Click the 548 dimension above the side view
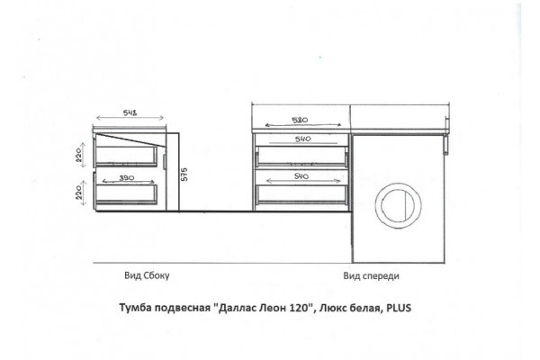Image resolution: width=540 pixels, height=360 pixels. (x=130, y=112)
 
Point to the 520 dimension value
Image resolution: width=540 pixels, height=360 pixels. (x=300, y=121)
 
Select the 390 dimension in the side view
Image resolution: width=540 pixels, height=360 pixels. (x=127, y=178)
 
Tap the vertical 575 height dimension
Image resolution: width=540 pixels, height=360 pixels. (x=184, y=175)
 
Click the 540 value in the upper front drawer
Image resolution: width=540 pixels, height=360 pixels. (x=302, y=139)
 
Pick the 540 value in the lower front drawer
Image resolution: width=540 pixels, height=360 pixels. (x=301, y=176)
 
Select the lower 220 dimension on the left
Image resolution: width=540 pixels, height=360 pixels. (x=78, y=192)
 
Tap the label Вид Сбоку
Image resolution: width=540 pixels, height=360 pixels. (x=147, y=275)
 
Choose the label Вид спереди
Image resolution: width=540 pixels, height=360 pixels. (x=371, y=276)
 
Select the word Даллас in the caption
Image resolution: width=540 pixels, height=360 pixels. (x=237, y=307)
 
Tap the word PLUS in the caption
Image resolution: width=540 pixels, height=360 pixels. (x=399, y=307)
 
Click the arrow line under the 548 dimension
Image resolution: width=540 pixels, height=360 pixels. (x=130, y=118)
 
